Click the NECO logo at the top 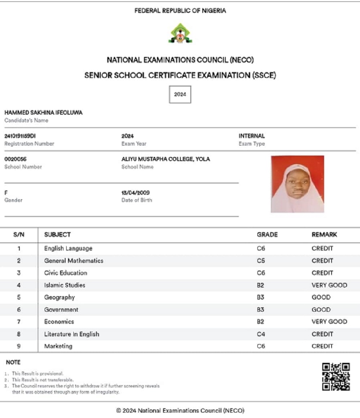pyautogui.click(x=180, y=33)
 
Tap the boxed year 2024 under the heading pyautogui.click(x=180, y=94)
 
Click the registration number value pyautogui.click(x=20, y=136)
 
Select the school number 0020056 pyautogui.click(x=15, y=159)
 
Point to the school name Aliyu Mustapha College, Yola pyautogui.click(x=166, y=159)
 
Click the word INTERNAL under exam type pyautogui.click(x=252, y=136)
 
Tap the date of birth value pyautogui.click(x=135, y=193)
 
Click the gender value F pyautogui.click(x=6, y=193)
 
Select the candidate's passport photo pyautogui.click(x=297, y=184)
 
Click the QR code pyautogui.click(x=336, y=377)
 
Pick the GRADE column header pyautogui.click(x=267, y=235)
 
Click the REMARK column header pyautogui.click(x=324, y=235)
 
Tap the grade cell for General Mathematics pyautogui.click(x=261, y=261)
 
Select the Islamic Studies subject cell pyautogui.click(x=65, y=285)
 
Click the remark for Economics pyautogui.click(x=329, y=321)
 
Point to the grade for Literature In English pyautogui.click(x=261, y=334)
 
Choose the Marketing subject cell pyautogui.click(x=58, y=346)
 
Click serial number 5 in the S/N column pyautogui.click(x=19, y=297)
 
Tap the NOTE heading pyautogui.click(x=13, y=362)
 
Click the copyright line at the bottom pyautogui.click(x=180, y=410)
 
